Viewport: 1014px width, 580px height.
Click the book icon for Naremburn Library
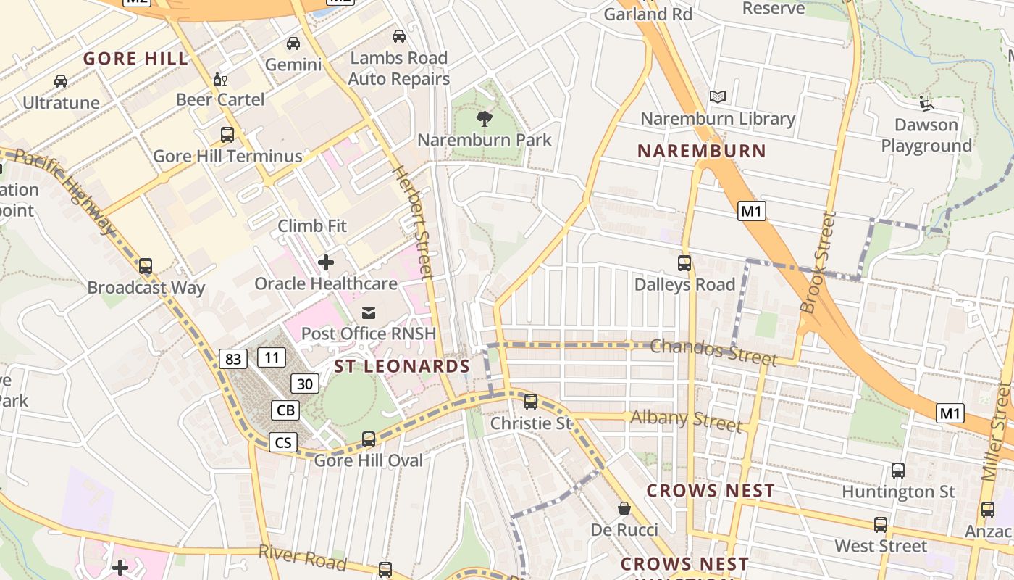coord(718,96)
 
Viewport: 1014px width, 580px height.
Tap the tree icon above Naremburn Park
coord(485,118)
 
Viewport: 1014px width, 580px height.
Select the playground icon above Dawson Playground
coord(926,103)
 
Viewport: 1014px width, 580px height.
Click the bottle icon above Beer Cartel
coord(219,79)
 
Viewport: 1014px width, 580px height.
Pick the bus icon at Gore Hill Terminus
coord(227,135)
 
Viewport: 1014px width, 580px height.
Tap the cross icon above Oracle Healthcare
coord(326,262)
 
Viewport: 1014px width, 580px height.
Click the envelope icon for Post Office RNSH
coord(369,313)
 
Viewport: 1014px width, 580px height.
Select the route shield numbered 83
coord(233,358)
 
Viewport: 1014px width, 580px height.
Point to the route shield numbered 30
coord(305,383)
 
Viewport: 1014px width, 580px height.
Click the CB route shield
coord(285,410)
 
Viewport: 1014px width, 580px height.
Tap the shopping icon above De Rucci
coord(624,509)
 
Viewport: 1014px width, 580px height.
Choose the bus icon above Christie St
coord(531,401)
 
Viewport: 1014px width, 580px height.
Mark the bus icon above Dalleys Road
coord(684,262)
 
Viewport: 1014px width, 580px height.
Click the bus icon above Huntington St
coord(898,470)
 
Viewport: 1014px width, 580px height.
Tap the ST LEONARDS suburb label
coord(402,367)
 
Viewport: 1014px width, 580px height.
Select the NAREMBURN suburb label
coord(701,151)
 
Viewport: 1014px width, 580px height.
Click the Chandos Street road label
coord(713,351)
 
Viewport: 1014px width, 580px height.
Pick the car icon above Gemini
coord(293,43)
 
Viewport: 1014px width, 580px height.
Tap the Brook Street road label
coord(818,262)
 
